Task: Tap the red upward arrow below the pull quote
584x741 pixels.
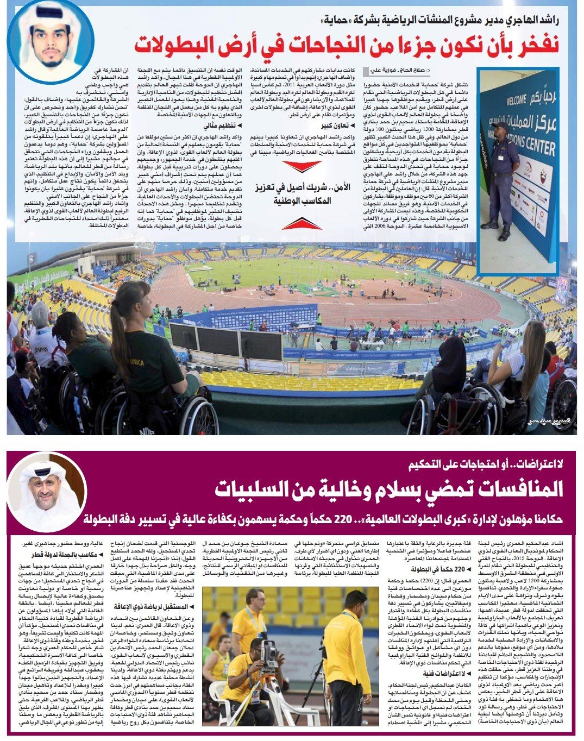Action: [302, 223]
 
